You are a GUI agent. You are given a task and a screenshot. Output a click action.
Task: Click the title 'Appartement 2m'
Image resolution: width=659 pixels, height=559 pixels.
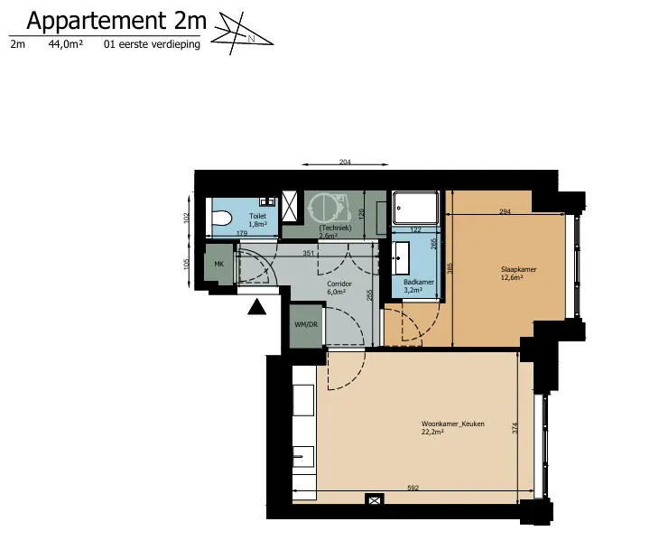click(x=116, y=21)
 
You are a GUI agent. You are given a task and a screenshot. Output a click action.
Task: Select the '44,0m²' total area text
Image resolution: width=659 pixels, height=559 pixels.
click(x=66, y=43)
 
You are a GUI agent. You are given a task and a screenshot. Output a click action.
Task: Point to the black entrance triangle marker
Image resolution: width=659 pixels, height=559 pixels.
click(x=256, y=307)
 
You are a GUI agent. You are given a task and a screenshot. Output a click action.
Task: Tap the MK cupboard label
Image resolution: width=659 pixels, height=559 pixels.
click(x=219, y=265)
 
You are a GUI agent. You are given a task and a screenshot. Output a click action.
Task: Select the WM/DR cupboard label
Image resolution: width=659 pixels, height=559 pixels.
click(x=306, y=324)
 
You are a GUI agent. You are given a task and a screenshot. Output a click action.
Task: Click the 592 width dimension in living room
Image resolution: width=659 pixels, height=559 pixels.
click(x=413, y=488)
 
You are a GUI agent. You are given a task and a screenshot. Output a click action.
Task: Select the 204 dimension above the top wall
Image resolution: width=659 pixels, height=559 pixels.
click(x=345, y=162)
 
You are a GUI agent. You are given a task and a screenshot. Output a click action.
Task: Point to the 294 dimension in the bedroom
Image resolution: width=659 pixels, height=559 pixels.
click(x=505, y=211)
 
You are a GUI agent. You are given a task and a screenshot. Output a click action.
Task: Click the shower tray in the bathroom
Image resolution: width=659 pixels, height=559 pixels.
click(x=415, y=208)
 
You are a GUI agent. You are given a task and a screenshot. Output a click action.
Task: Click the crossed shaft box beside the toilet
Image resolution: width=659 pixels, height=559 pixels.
click(x=289, y=206)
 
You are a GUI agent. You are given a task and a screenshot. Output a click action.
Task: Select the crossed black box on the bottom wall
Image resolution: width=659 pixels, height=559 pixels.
click(x=374, y=500)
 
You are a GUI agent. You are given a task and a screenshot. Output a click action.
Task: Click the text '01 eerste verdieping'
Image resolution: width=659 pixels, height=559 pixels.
click(x=152, y=44)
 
